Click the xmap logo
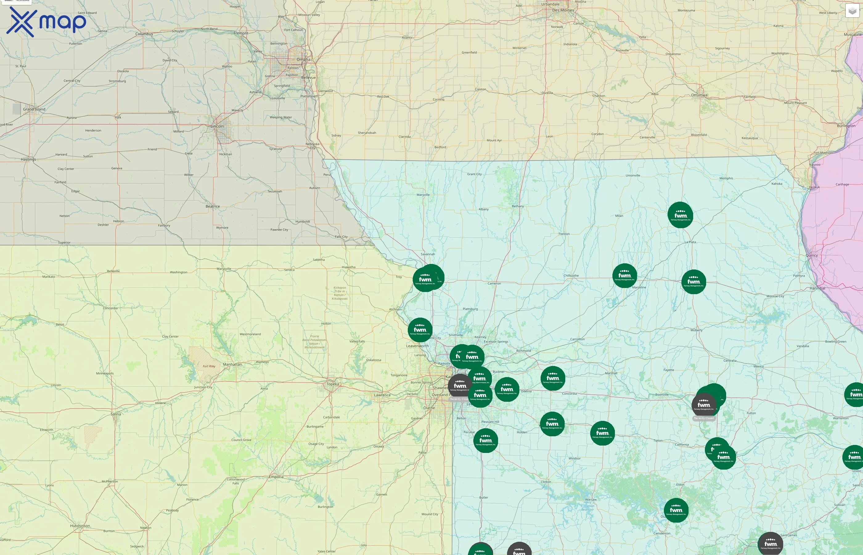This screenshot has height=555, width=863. [46, 22]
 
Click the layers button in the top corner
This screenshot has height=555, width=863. [852, 11]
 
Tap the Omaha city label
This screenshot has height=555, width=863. [303, 60]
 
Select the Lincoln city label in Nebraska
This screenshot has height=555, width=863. [217, 126]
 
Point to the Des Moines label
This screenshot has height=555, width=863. [563, 10]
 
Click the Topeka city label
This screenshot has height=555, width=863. [333, 384]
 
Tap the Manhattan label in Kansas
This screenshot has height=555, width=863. [232, 364]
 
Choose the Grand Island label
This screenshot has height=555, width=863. [34, 109]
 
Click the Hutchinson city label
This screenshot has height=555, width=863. [80, 526]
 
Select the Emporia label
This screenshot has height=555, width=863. [276, 477]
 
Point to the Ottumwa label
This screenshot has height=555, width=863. [699, 95]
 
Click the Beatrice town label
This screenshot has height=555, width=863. [212, 207]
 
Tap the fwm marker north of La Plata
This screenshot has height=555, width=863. [680, 215]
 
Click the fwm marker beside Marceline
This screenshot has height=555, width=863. [624, 276]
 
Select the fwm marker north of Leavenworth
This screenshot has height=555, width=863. [420, 330]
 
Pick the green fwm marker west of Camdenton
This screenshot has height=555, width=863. [676, 510]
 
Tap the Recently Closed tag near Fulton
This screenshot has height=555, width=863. [704, 418]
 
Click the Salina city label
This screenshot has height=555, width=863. [116, 414]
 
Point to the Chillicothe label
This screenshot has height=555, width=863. [571, 276]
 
